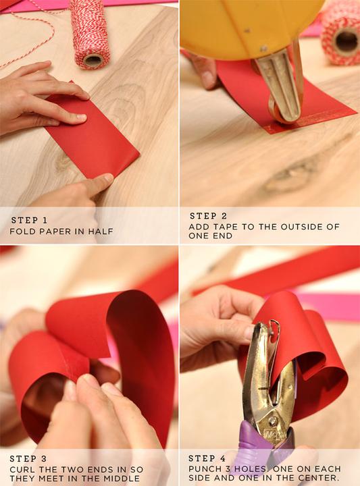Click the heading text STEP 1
30,220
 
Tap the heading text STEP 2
209,216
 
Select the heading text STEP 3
28,459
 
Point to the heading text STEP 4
207,458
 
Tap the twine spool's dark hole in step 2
346,40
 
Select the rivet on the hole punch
273,421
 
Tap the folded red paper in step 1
93,136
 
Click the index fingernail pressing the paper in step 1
81,117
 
